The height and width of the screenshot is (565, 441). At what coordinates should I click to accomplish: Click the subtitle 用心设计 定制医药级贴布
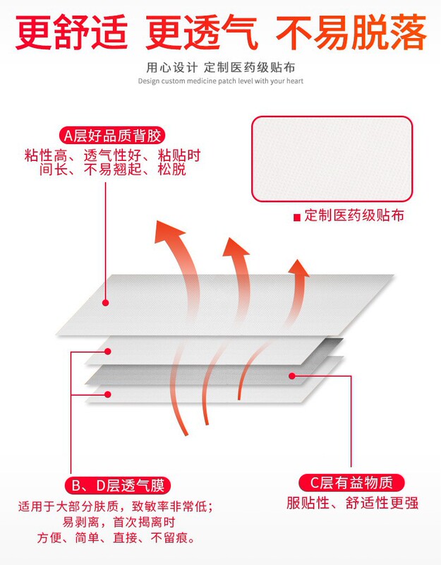(x=220, y=69)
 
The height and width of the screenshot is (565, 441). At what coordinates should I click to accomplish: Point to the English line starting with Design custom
(x=220, y=81)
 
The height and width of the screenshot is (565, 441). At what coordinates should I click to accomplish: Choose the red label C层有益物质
(x=352, y=483)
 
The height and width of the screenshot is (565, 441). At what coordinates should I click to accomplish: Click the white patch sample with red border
(x=332, y=158)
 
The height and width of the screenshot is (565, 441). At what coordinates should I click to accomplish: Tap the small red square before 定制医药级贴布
(x=297, y=217)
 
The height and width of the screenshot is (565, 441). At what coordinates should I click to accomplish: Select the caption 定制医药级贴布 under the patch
(x=355, y=216)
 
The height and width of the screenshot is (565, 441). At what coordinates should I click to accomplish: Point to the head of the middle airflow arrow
(x=234, y=247)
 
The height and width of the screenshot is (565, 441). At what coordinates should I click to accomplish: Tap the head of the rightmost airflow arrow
(x=299, y=268)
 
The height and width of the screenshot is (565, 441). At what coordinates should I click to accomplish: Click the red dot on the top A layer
(x=105, y=303)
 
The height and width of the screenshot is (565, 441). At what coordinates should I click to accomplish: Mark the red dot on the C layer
(x=290, y=376)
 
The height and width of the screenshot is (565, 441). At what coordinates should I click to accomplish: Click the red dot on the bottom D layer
(x=107, y=393)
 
